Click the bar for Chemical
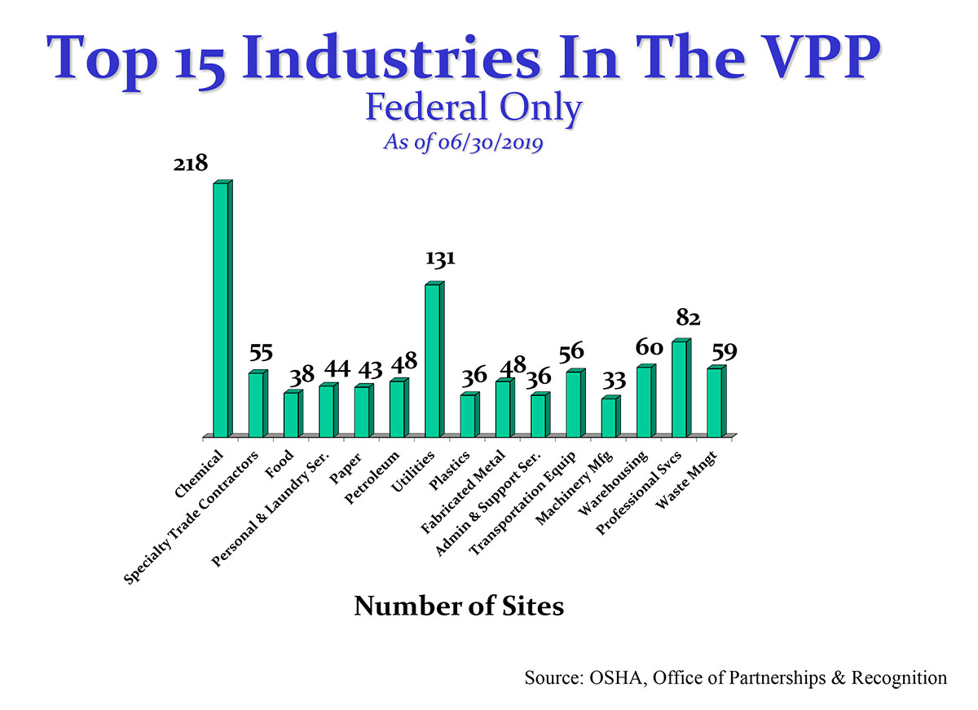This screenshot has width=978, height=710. (221, 310)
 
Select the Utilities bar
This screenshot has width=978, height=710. (433, 360)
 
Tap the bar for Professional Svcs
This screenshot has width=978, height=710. (679, 389)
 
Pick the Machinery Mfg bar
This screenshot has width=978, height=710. (609, 417)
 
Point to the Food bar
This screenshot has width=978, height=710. (291, 414)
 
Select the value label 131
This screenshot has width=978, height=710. (440, 259)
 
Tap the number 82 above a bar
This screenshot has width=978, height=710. (689, 317)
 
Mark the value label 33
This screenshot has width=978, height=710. (615, 380)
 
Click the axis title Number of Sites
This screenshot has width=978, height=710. (459, 607)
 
